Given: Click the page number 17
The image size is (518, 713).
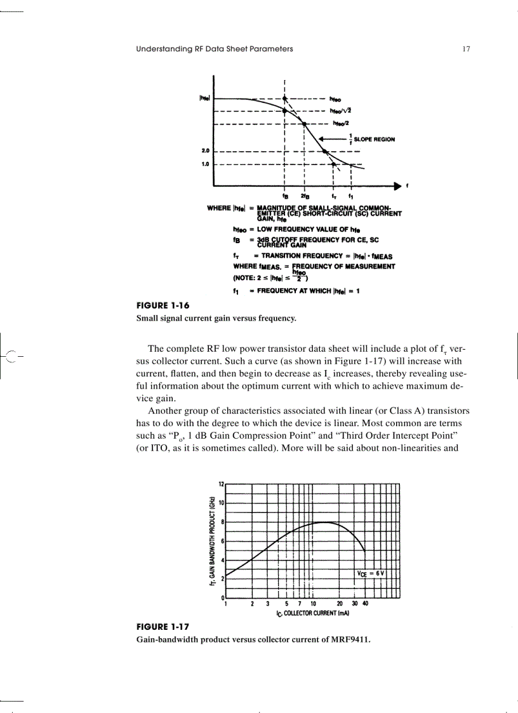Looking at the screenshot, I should click(466, 49).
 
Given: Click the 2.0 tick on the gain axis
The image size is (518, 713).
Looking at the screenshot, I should click(205, 152).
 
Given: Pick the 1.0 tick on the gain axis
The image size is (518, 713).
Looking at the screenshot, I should click(205, 163).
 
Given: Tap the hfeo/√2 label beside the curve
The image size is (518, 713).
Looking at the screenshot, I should click(342, 110).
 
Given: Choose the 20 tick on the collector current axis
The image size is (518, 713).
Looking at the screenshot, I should click(340, 604).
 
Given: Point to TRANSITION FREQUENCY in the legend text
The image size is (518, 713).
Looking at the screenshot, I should click(284, 257).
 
